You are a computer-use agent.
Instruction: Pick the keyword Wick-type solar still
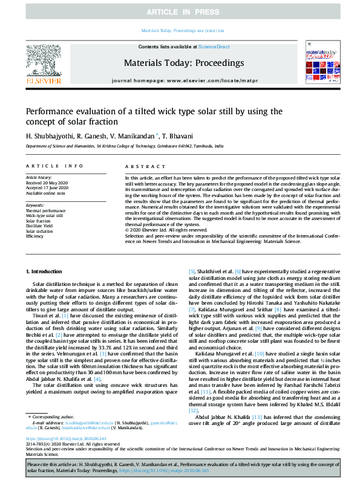44,216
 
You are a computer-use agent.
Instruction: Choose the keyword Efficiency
36,235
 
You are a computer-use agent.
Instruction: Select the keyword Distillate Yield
41,225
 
